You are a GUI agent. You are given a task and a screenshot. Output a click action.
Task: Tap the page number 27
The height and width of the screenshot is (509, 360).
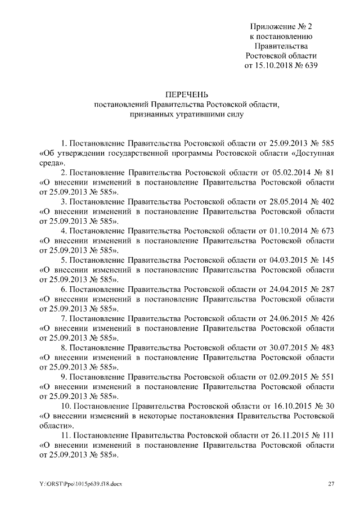331,484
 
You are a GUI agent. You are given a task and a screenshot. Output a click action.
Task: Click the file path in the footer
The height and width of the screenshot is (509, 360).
76,484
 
